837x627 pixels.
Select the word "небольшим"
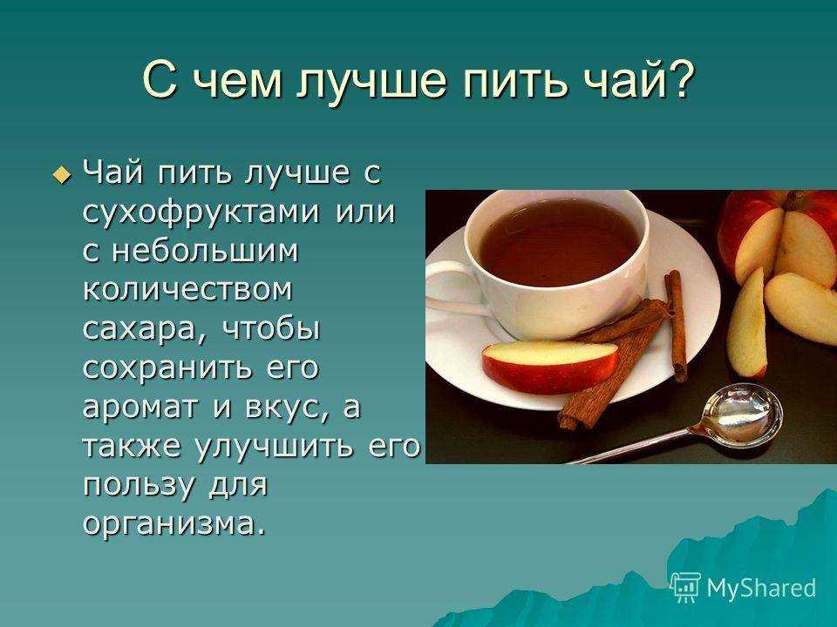(205, 250)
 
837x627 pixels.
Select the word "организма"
(174, 525)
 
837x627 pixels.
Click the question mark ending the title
(679, 78)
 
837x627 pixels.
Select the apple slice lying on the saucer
(550, 366)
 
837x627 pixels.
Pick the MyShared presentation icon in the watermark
(685, 587)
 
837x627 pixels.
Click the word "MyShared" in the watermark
(761, 588)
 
